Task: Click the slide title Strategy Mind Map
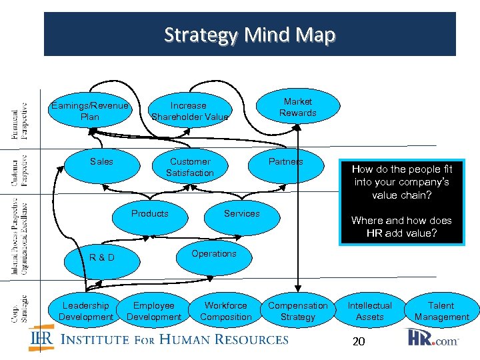tap(250, 34)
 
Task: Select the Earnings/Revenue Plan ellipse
tap(89, 111)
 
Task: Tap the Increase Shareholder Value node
tap(189, 111)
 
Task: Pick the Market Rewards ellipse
tap(297, 107)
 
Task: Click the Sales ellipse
tap(101, 162)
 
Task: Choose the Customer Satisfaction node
tap(190, 167)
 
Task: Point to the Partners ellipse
tap(286, 162)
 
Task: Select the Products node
tap(149, 215)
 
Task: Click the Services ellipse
tap(241, 215)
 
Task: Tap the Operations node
tap(213, 254)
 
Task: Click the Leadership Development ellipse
tap(86, 311)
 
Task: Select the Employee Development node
tap(154, 311)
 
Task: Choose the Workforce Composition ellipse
tap(225, 311)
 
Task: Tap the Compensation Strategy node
tap(297, 311)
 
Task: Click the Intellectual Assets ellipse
tap(369, 311)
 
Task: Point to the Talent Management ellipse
tap(441, 311)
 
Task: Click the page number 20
tap(359, 341)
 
